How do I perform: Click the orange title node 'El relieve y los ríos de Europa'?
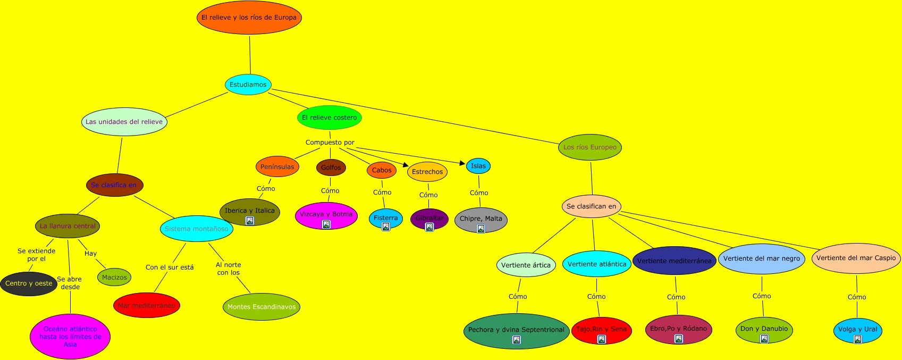tap(249, 18)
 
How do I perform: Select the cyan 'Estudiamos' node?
tap(248, 85)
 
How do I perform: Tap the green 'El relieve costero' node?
tap(330, 118)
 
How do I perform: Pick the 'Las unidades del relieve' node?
tap(124, 122)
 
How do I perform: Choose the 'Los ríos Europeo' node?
tap(590, 147)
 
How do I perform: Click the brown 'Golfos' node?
tap(331, 168)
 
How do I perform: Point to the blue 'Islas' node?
tap(478, 166)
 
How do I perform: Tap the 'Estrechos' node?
tap(427, 172)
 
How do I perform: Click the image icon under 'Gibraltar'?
tap(429, 227)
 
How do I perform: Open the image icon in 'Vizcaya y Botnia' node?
tap(326, 224)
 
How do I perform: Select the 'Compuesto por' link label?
tap(330, 143)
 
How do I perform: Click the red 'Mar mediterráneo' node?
tap(147, 306)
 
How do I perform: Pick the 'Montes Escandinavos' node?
tap(262, 307)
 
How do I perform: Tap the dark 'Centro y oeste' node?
tap(29, 283)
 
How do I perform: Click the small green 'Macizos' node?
tap(114, 277)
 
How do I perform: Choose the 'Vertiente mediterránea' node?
tap(674, 261)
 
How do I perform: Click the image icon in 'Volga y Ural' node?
tap(857, 339)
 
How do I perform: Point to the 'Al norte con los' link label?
tap(229, 269)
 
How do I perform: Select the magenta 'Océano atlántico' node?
tap(70, 337)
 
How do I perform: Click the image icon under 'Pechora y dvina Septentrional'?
tap(516, 340)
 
